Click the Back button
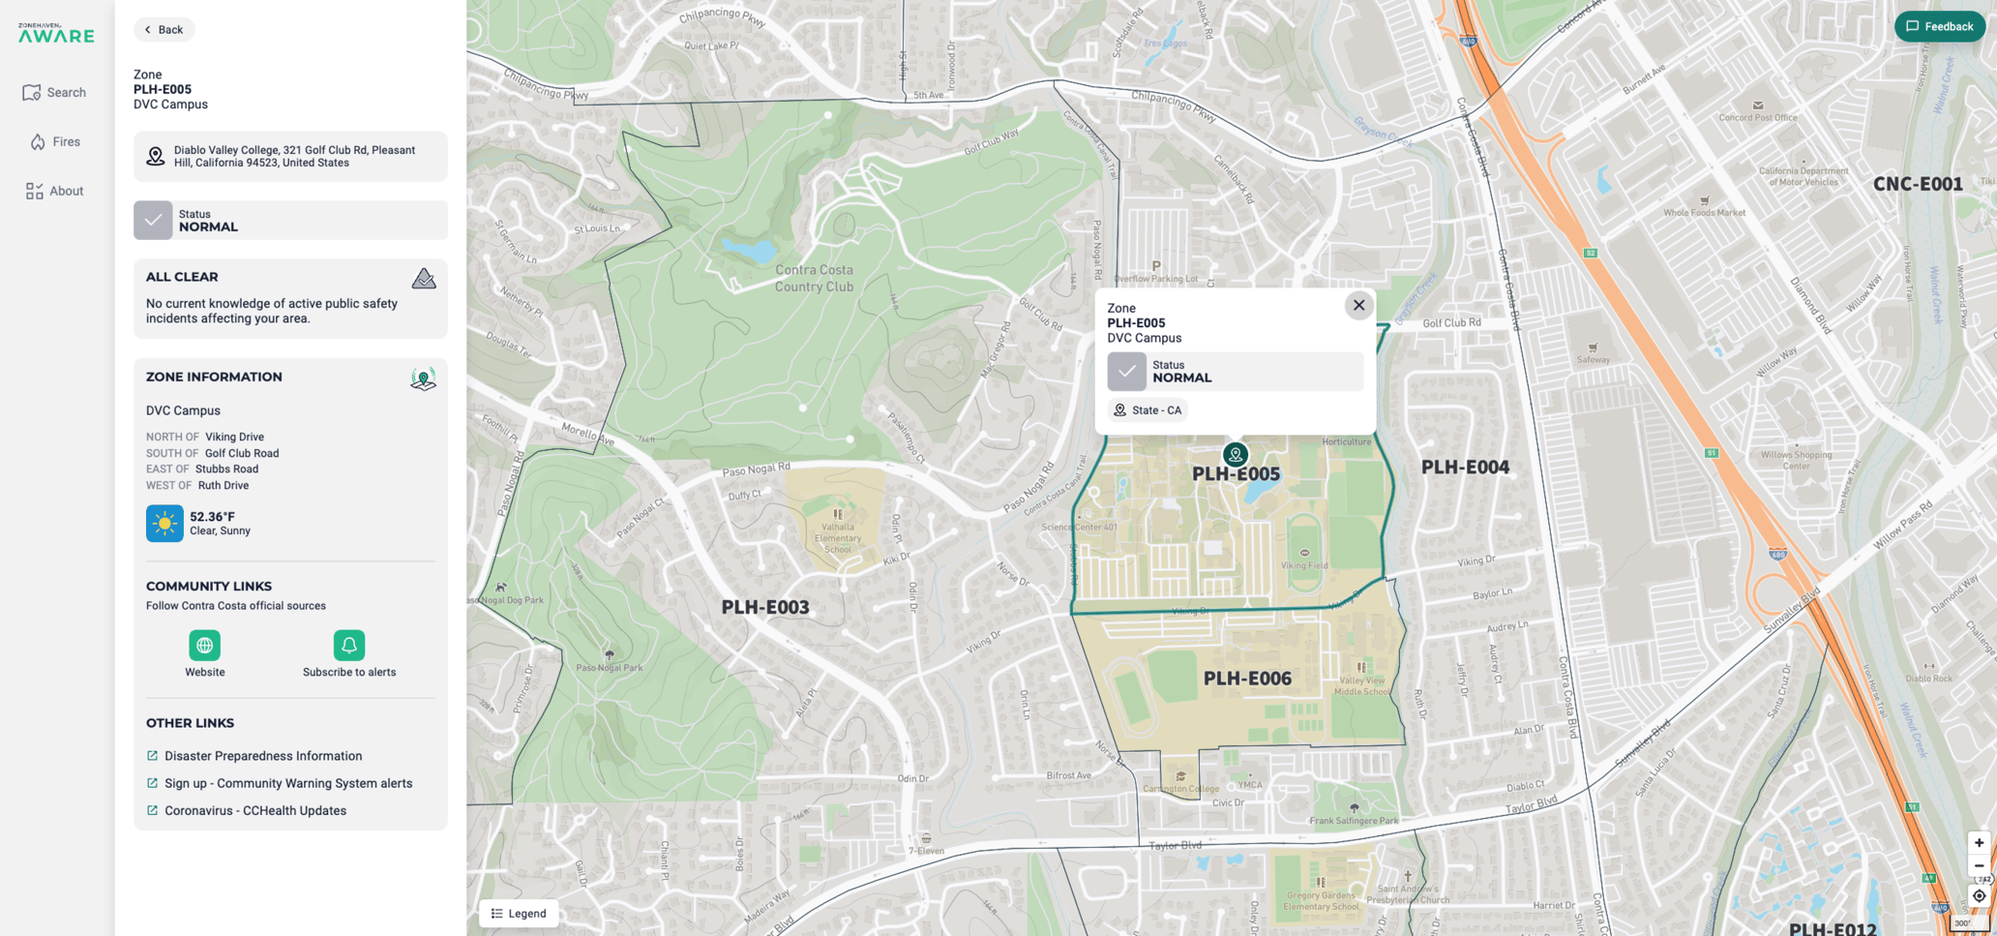click(164, 29)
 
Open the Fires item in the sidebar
click(55, 141)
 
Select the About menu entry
click(55, 191)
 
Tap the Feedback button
click(1939, 27)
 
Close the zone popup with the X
click(1358, 305)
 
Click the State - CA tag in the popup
click(1148, 410)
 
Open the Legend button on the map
click(519, 913)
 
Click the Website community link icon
click(204, 645)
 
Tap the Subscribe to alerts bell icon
click(348, 645)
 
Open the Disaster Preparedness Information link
click(263, 756)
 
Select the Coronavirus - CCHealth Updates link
click(255, 811)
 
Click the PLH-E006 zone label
click(1247, 679)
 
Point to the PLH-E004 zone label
click(1465, 468)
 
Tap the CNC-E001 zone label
click(1917, 184)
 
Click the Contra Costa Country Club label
click(814, 278)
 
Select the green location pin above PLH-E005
click(1235, 454)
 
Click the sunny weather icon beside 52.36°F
click(164, 524)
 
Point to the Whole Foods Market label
click(1704, 213)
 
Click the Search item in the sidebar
click(55, 93)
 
